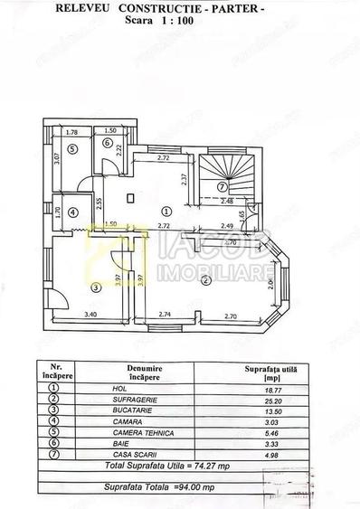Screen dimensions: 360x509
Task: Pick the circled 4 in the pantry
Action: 73,213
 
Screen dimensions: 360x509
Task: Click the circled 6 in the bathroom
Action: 107,143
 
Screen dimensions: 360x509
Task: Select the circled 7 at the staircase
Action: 222,186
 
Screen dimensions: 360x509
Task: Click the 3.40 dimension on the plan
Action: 90,314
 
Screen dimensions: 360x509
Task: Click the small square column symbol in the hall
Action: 130,196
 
